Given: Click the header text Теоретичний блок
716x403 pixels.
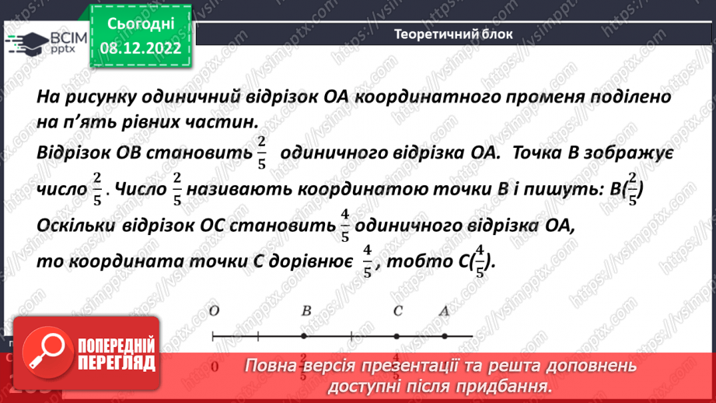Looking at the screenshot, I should [453, 34].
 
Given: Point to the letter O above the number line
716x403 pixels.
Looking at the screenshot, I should [214, 311].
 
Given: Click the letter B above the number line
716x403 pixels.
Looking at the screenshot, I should [306, 311].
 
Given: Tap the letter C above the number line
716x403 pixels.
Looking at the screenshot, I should [397, 311].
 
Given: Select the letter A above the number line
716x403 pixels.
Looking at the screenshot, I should [444, 311].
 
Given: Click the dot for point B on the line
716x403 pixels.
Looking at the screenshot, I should [304, 337].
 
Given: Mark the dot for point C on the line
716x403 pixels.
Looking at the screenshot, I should [396, 337].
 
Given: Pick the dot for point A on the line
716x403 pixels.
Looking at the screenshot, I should [443, 337].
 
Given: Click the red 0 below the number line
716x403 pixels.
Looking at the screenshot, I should [214, 366].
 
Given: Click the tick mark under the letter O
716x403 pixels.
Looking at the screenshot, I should [213, 337].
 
